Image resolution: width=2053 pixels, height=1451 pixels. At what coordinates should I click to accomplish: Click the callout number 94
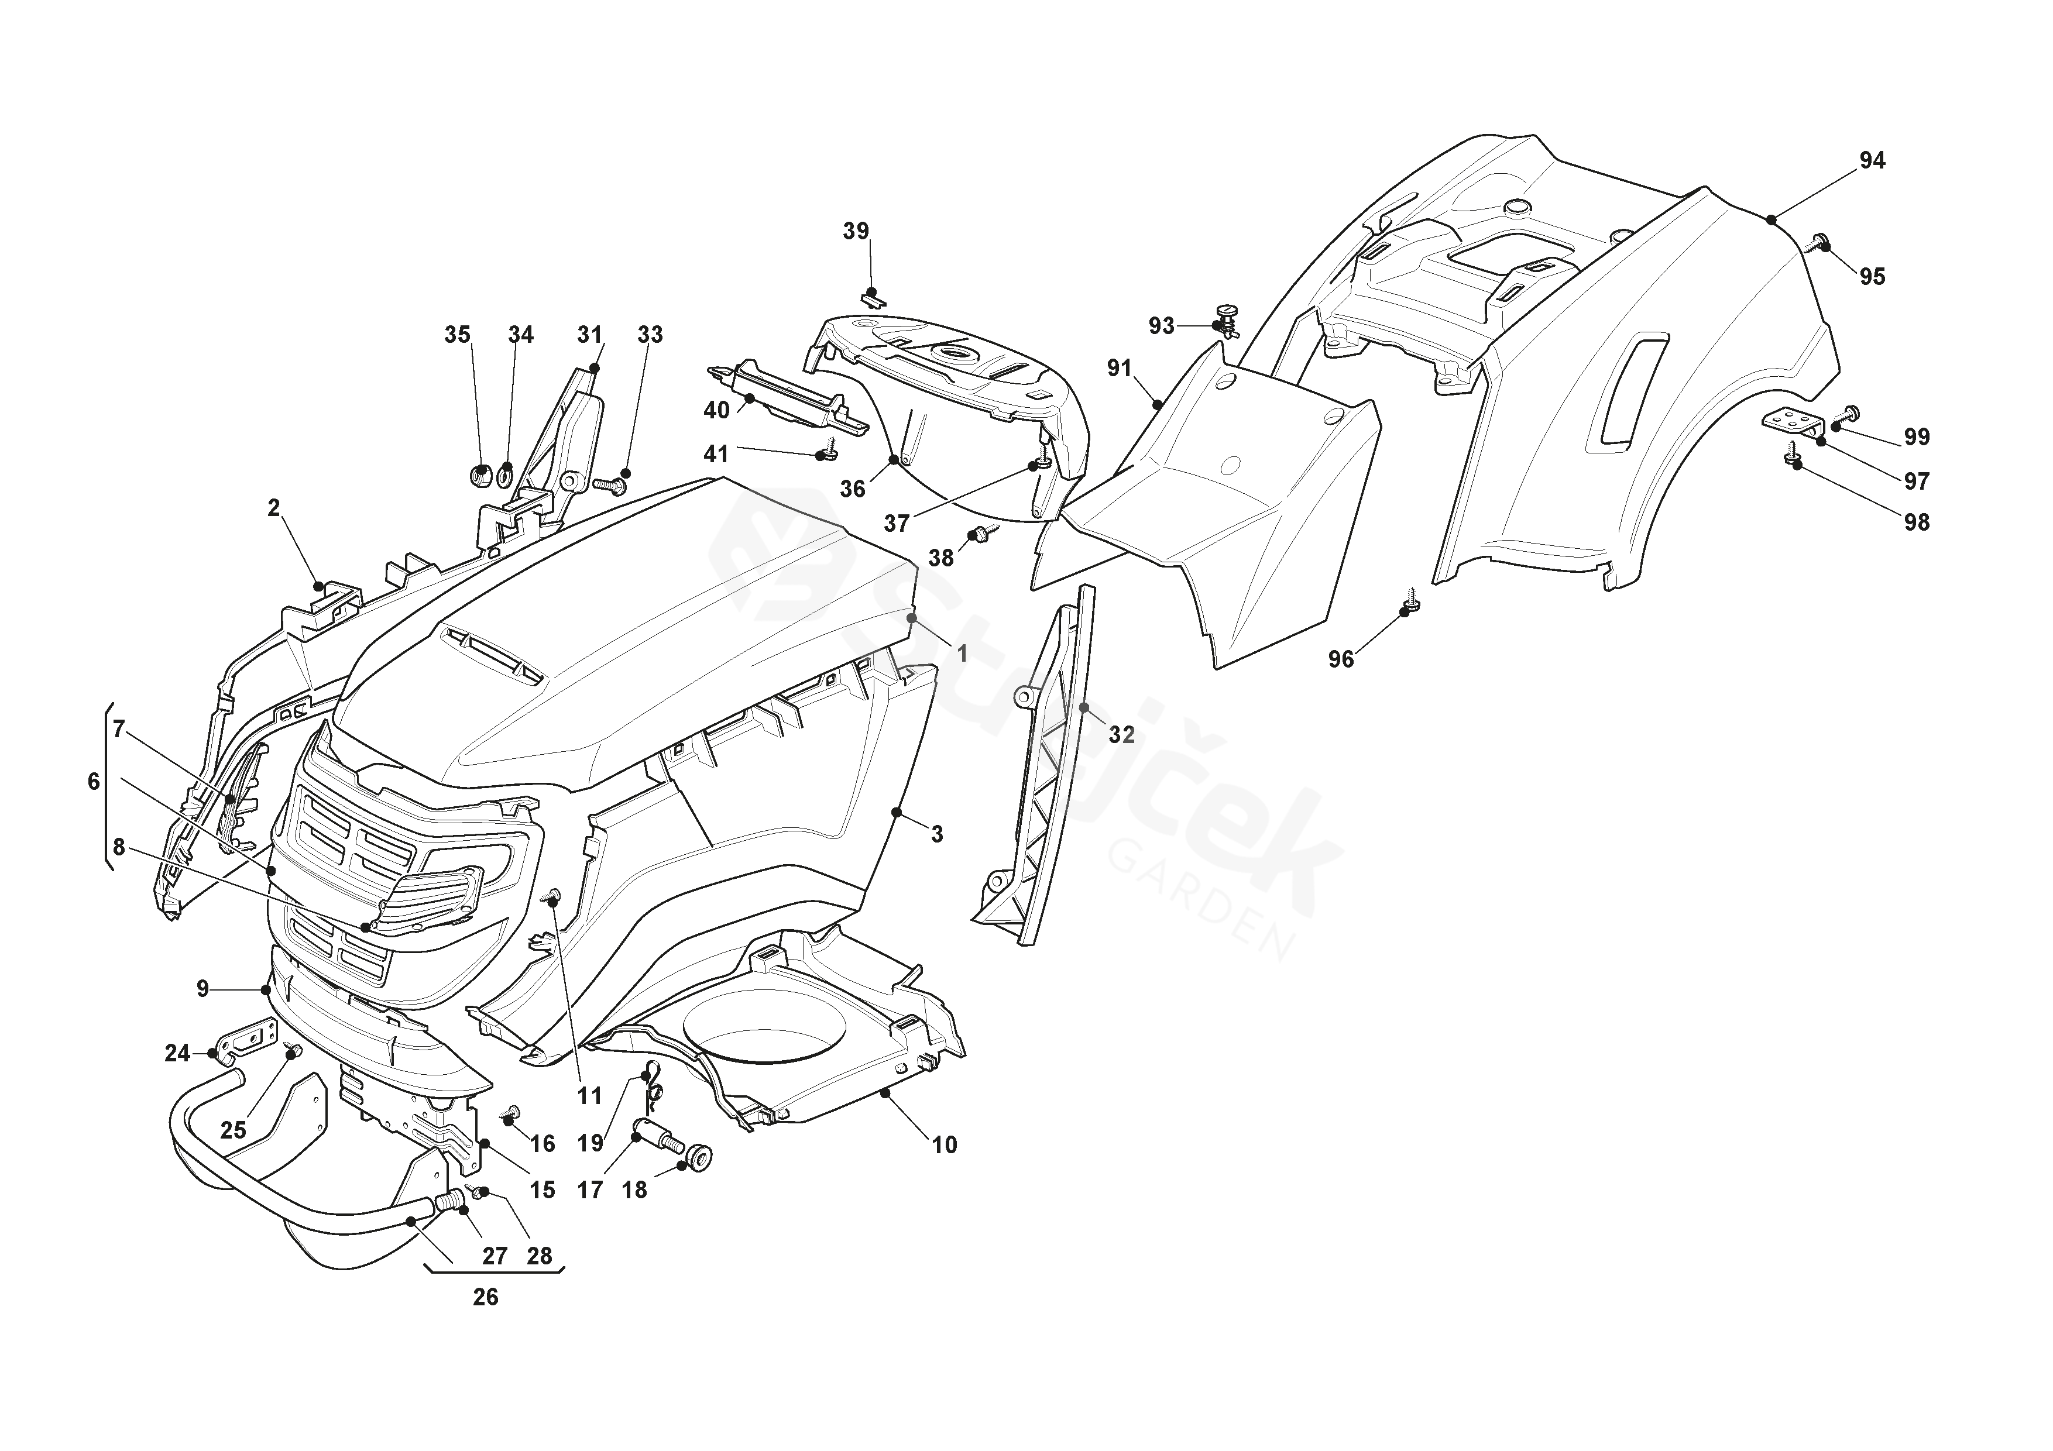click(1872, 161)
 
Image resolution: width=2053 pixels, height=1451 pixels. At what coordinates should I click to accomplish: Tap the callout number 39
click(856, 232)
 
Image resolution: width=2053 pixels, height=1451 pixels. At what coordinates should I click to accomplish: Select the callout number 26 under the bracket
click(486, 1297)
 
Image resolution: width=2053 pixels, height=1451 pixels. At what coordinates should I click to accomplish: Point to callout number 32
click(1121, 735)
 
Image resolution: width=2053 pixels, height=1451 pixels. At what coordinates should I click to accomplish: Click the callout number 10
click(944, 1145)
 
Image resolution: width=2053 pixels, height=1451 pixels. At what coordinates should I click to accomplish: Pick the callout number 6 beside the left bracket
click(94, 782)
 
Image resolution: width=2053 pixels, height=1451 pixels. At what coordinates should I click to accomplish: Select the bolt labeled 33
click(608, 484)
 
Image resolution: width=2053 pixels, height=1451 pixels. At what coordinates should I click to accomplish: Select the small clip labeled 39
click(872, 297)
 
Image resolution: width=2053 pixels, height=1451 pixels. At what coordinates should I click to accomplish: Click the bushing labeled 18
click(698, 1157)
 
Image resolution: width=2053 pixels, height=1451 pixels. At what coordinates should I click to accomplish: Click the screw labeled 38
click(984, 533)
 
